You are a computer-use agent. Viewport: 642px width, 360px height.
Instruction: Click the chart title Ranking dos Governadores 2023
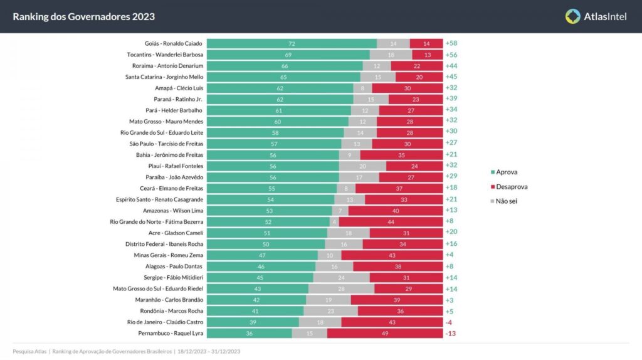click(x=83, y=16)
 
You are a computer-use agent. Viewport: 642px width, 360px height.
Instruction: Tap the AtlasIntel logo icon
click(x=572, y=16)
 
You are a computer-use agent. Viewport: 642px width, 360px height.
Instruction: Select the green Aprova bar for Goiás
click(x=292, y=43)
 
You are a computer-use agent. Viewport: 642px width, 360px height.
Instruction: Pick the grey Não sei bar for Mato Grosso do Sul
click(x=341, y=289)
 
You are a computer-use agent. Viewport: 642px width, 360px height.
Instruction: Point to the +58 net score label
click(x=451, y=43)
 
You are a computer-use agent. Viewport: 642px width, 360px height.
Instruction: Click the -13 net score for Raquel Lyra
click(x=450, y=333)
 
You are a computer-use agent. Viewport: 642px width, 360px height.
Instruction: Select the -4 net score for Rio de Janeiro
click(x=449, y=322)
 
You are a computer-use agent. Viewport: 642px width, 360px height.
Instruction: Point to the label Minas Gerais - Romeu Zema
click(x=169, y=255)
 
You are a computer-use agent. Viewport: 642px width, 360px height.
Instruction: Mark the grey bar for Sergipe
click(x=341, y=277)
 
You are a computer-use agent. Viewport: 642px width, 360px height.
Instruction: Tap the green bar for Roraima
click(x=285, y=66)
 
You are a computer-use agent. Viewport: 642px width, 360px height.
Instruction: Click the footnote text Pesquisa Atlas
click(x=29, y=351)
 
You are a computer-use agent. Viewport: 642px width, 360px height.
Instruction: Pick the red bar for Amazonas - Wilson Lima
click(x=395, y=211)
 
